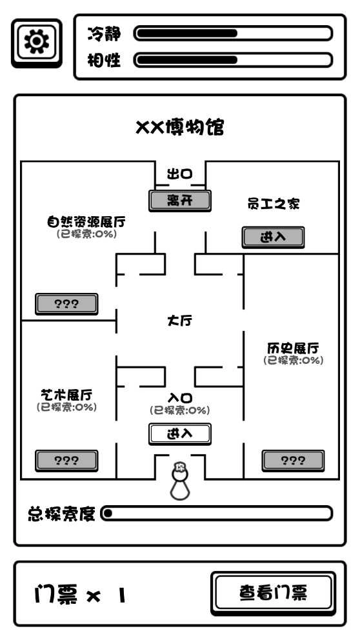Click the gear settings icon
pyautogui.click(x=36, y=43)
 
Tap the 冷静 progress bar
pyautogui.click(x=233, y=33)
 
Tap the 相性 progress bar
pyautogui.click(x=233, y=60)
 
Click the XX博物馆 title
pyautogui.click(x=180, y=127)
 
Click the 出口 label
pyautogui.click(x=180, y=174)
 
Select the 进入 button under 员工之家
pyautogui.click(x=273, y=237)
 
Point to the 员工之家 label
pyautogui.click(x=274, y=204)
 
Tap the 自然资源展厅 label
pyautogui.click(x=86, y=222)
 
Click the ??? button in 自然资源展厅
pyautogui.click(x=66, y=304)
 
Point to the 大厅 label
pyautogui.click(x=180, y=321)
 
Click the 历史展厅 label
pyautogui.click(x=293, y=348)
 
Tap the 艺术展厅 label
pyautogui.click(x=66, y=395)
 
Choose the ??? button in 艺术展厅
pyautogui.click(x=66, y=460)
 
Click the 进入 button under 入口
pyautogui.click(x=180, y=434)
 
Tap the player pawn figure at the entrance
pyautogui.click(x=180, y=481)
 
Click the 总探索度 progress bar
pyautogui.click(x=217, y=514)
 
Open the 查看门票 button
pyautogui.click(x=273, y=592)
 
